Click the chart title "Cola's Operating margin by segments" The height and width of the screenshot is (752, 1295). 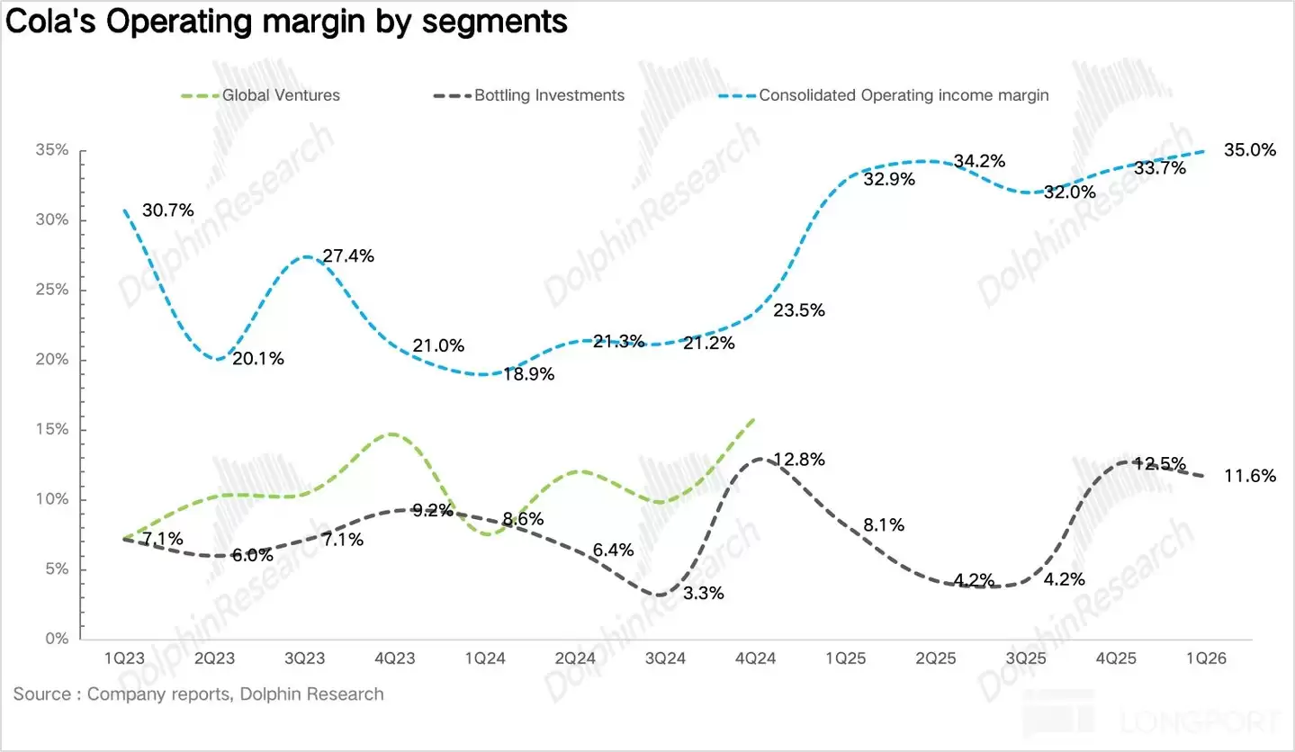click(286, 22)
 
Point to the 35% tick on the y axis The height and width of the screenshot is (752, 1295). click(51, 151)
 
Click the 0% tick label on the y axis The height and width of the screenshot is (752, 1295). click(56, 640)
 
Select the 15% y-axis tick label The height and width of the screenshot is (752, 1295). click(51, 430)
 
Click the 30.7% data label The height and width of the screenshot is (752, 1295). click(168, 211)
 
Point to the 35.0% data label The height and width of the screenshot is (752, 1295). click(1250, 150)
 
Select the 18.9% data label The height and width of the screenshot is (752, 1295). click(528, 374)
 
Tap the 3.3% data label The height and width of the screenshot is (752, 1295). click(703, 593)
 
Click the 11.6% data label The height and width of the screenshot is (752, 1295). click(1250, 476)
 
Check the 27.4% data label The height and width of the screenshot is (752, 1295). click(348, 255)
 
